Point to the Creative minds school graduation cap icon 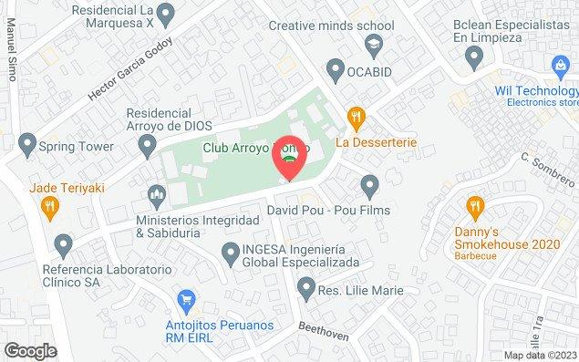372,44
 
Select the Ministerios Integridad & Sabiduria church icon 157,194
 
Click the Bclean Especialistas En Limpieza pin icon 473,57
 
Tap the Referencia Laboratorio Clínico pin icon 63,244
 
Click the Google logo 30,350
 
